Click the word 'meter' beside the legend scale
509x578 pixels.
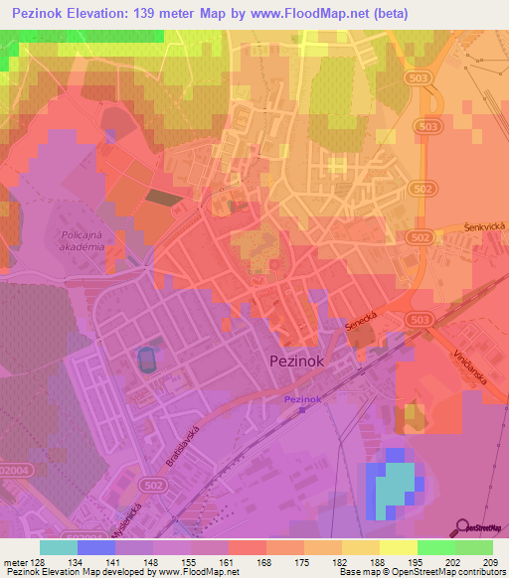coord(15,562)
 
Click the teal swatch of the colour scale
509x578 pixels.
coord(59,547)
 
